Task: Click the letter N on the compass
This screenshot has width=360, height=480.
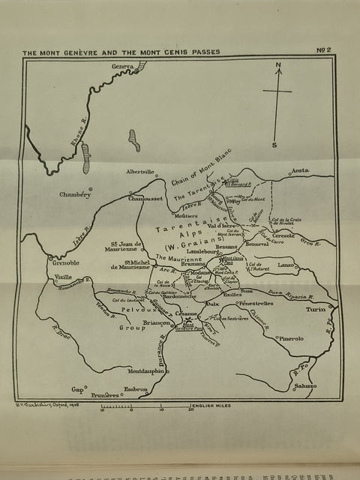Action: click(278, 65)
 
